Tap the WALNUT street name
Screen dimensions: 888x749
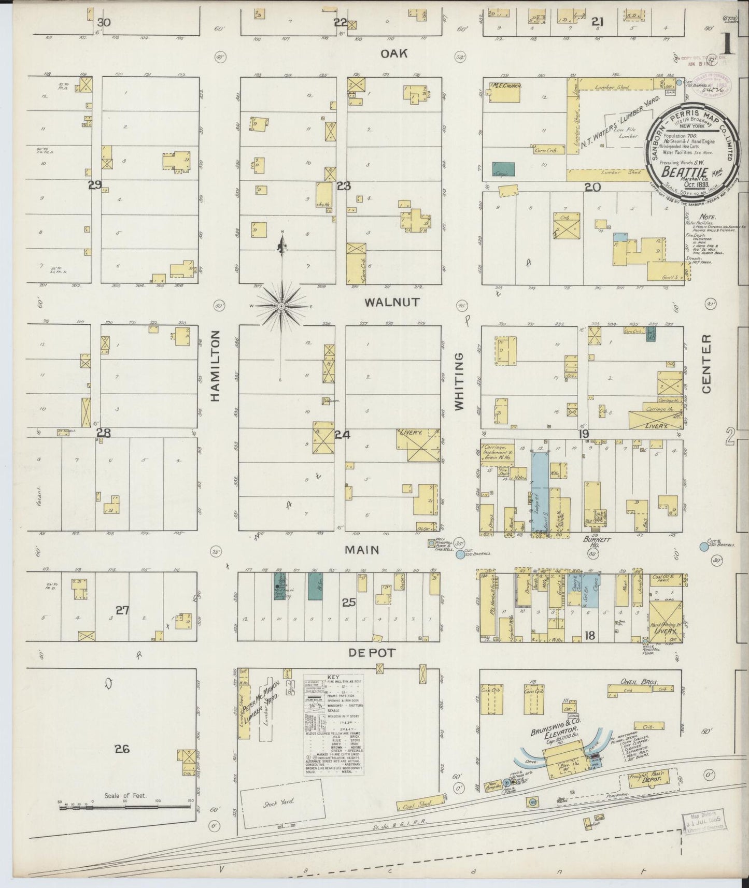[391, 302]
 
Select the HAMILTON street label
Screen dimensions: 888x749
[216, 366]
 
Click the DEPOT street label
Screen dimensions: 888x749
[371, 653]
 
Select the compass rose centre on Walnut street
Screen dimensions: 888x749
[281, 306]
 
